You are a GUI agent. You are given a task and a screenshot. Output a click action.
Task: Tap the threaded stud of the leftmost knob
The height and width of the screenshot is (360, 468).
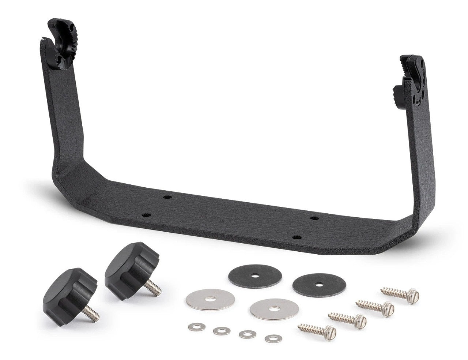click(x=91, y=314)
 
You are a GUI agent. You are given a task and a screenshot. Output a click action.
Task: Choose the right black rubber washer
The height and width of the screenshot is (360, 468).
click(x=314, y=284)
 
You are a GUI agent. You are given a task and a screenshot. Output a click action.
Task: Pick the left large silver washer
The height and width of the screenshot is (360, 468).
click(x=210, y=300)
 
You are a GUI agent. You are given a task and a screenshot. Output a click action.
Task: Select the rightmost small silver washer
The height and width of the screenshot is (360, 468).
click(x=271, y=338)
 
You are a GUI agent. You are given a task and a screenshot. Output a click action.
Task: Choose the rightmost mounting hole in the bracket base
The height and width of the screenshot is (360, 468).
click(x=313, y=218)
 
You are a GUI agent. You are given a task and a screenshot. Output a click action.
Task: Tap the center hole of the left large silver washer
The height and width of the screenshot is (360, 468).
click(x=210, y=300)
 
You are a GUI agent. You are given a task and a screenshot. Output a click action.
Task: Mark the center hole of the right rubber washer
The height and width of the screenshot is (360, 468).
click(x=314, y=284)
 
